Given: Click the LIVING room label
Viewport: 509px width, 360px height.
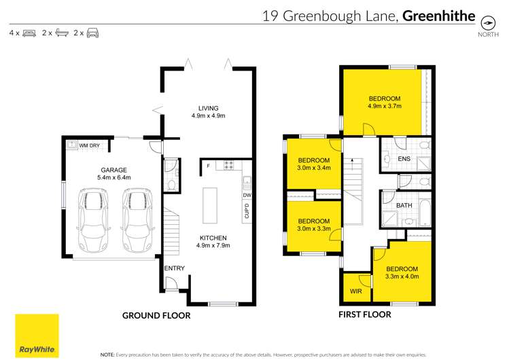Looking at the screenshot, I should (x=208, y=108).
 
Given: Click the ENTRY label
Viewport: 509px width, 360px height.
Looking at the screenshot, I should (x=175, y=268).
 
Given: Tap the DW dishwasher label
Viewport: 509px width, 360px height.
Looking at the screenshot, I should (x=247, y=196).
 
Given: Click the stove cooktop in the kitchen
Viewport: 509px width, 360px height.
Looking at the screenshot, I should (x=229, y=164).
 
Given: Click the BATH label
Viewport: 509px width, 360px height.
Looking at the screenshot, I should (x=404, y=205).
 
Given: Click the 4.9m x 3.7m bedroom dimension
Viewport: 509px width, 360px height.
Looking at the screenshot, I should (x=385, y=105).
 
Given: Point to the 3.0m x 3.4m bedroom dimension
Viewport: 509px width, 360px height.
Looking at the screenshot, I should (x=313, y=168).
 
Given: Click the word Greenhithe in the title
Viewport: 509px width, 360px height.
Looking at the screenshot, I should (x=439, y=16).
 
